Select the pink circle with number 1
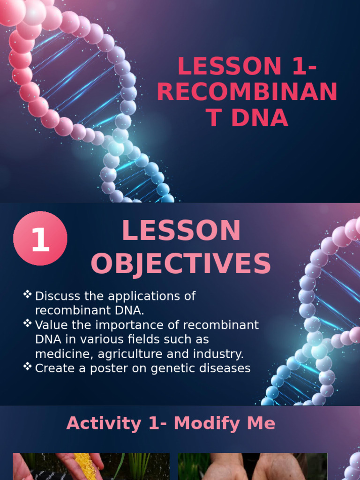(x=40, y=239)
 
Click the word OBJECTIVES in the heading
(x=181, y=264)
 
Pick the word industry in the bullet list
(x=220, y=353)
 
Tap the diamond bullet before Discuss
(x=28, y=294)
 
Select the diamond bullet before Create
(x=28, y=367)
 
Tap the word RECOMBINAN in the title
(x=247, y=92)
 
